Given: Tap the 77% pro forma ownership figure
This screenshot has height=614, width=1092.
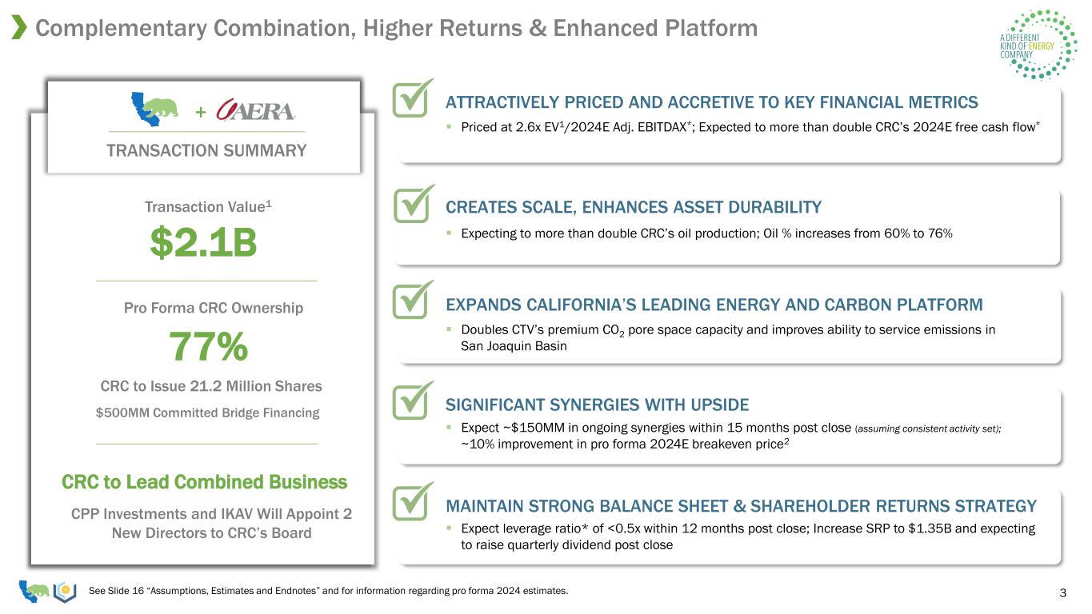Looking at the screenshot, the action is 208,346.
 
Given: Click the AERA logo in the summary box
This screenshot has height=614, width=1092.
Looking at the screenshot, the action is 255,110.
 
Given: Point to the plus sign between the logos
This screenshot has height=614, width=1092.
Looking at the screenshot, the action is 200,112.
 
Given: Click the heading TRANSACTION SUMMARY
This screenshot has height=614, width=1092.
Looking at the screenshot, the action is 206,150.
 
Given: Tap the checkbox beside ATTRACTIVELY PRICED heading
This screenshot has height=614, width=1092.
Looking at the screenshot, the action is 413,98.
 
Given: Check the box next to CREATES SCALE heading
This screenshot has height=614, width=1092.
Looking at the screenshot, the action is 414,204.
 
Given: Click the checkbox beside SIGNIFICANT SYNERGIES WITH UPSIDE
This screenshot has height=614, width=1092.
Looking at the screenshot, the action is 413,401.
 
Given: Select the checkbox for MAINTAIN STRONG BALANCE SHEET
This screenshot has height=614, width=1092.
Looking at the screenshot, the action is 413,501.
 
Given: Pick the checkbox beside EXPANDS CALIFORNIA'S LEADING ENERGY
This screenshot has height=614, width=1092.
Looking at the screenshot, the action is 413,300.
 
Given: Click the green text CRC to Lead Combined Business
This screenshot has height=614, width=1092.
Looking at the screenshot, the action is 204,482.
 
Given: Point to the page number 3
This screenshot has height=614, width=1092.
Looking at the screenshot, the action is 1062,592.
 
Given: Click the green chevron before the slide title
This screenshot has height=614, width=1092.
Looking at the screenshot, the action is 19,27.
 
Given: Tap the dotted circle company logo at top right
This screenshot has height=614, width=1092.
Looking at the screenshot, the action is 1038,44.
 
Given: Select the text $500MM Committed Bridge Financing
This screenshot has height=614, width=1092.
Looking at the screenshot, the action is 208,413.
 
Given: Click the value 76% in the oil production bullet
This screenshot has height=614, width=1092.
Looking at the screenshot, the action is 940,233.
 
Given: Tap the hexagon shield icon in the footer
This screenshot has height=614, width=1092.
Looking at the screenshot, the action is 65,592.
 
